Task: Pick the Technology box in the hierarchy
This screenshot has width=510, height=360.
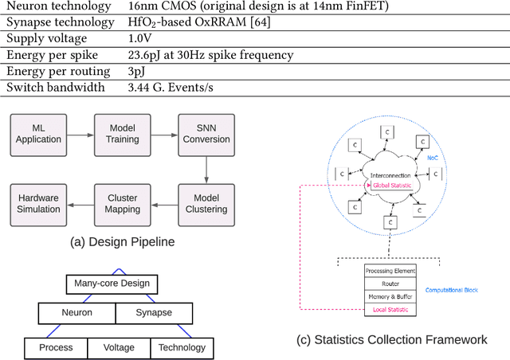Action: point(181,347)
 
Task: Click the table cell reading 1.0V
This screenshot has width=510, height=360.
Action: point(142,38)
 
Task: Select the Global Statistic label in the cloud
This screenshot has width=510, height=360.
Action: point(389,186)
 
